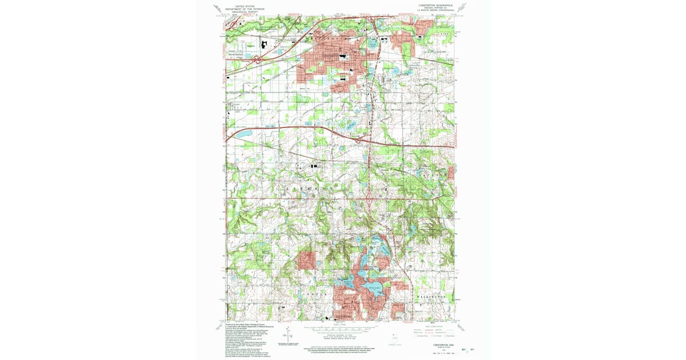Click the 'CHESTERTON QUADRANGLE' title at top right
coord(436,5)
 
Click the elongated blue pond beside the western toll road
coord(243,134)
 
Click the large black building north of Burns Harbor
coord(265,43)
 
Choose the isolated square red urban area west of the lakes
coord(306,260)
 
